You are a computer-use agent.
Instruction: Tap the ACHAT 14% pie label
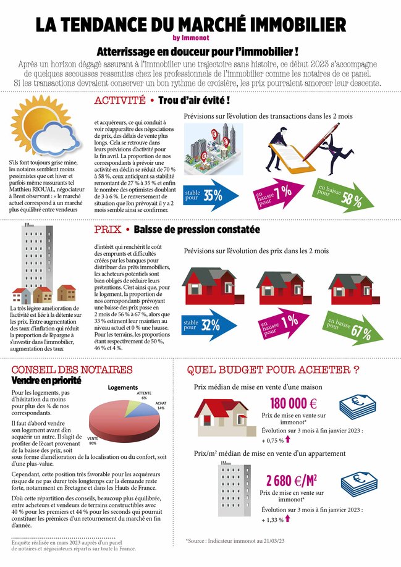click(x=161, y=405)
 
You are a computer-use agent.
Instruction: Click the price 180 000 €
click(x=293, y=403)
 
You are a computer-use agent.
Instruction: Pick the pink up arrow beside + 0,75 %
click(x=288, y=441)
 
